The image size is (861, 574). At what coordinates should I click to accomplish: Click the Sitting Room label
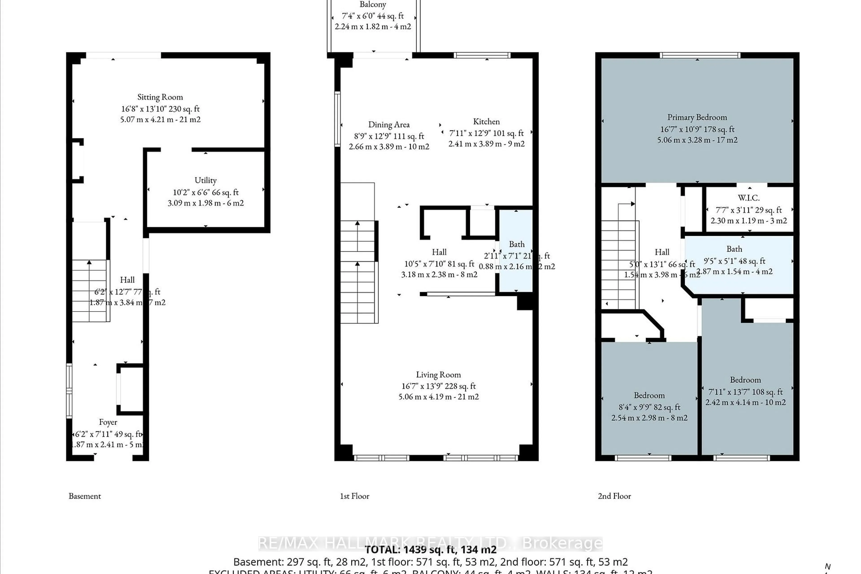[x=160, y=97]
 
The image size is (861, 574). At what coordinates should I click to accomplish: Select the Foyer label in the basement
[x=108, y=422]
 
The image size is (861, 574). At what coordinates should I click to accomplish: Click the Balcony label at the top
[x=373, y=4]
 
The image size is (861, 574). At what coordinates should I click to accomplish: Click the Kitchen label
[x=486, y=122]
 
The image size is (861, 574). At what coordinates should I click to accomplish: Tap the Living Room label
[x=438, y=374]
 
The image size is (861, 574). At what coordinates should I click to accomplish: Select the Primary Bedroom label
[x=697, y=117]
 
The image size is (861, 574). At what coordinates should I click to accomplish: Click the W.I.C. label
[x=749, y=198]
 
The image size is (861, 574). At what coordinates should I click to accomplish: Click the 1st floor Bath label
[x=517, y=244]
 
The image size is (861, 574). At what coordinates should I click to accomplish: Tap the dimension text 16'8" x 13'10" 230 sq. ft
[x=160, y=109]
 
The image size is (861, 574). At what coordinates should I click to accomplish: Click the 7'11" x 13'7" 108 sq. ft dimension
[x=745, y=392]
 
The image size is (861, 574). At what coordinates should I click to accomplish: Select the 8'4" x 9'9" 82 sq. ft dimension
[x=649, y=407]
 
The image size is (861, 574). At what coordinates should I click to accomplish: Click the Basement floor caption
[x=85, y=496]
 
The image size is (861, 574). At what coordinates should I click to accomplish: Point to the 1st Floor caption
[x=354, y=496]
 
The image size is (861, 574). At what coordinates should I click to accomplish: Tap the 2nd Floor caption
[x=614, y=496]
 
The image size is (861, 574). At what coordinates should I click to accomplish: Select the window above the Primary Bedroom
[x=700, y=55]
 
